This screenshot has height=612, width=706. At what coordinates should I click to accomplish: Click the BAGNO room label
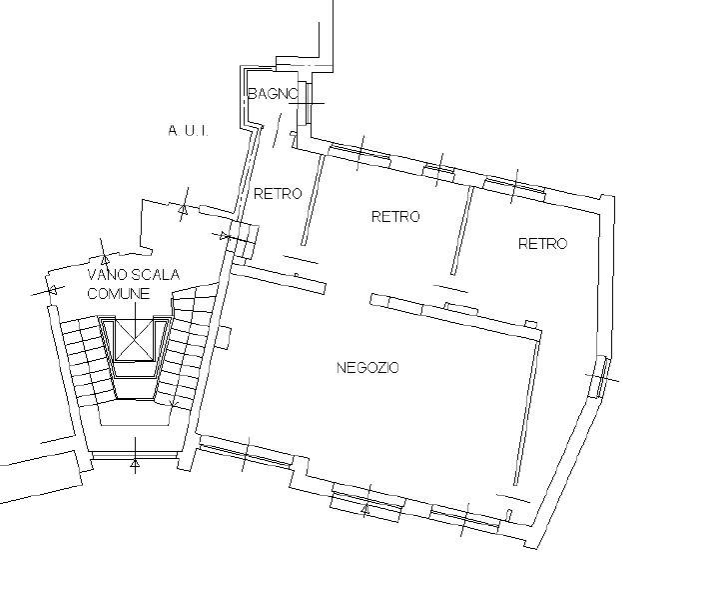pos(273,93)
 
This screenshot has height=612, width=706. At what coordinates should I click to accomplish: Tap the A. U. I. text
pos(188,131)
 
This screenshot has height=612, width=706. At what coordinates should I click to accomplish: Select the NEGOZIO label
pos(367,368)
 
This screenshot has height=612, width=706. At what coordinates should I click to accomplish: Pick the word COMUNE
pos(118,294)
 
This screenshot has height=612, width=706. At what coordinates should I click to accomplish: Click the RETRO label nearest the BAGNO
pos(278,193)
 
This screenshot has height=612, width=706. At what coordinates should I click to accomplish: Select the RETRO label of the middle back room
pos(395,216)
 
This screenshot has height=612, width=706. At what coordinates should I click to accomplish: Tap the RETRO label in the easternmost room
pos(542,244)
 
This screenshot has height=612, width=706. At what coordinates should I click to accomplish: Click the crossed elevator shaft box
pos(135,340)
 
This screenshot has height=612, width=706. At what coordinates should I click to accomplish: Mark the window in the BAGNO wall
pos(308,103)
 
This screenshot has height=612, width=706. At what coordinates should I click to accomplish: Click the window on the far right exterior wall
pos(602,377)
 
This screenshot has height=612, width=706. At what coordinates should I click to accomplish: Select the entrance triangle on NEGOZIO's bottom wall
pos(365,510)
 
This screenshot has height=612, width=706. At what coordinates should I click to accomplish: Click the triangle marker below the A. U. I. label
pos(183,209)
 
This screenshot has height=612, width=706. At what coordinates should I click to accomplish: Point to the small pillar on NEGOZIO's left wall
pos(224,337)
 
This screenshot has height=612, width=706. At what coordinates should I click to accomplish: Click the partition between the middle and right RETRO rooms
pos(462,231)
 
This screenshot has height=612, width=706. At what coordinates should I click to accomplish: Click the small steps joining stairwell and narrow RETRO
pos(243,239)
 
